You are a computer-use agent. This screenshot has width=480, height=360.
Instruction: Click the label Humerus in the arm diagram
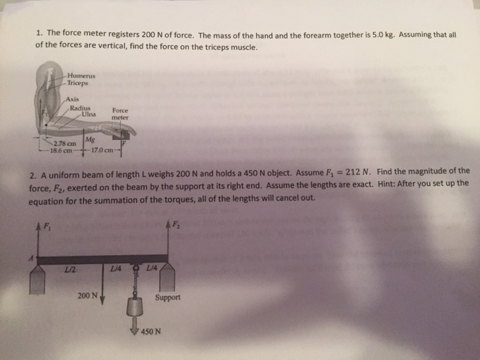point(81,76)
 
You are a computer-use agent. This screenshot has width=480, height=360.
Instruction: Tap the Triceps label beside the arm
point(79,83)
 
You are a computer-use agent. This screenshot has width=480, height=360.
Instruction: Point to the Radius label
point(80,107)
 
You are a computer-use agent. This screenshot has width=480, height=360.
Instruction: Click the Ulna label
point(88,114)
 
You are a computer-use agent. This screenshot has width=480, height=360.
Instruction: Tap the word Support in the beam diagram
point(167,299)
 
